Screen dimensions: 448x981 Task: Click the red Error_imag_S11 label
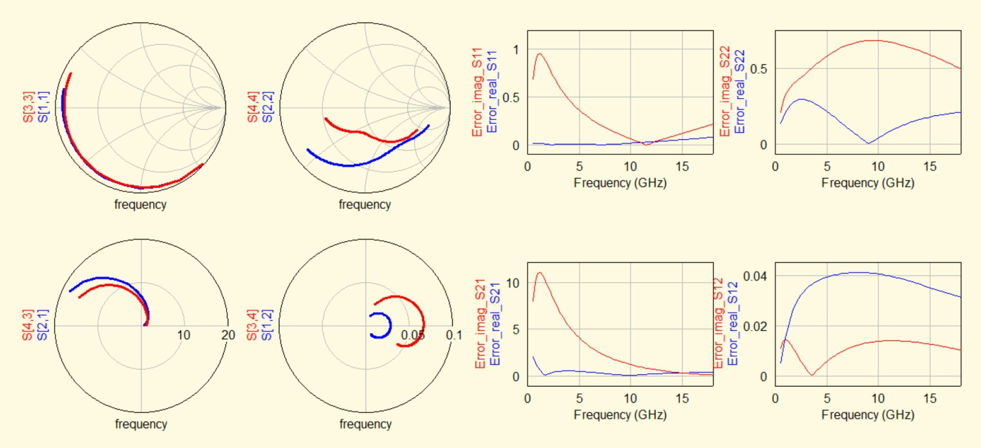477,92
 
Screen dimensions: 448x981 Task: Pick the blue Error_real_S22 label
739,91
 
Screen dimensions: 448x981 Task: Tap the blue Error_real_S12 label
733,324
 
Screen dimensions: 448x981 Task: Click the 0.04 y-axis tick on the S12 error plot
755,276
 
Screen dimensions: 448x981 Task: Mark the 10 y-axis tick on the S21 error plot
513,283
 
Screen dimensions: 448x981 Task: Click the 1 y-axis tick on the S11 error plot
516,50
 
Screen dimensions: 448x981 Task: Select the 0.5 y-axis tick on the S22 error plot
758,69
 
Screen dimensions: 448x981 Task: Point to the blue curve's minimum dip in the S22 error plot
868,143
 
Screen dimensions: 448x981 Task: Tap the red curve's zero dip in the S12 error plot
812,375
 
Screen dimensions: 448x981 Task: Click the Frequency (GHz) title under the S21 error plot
620,415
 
